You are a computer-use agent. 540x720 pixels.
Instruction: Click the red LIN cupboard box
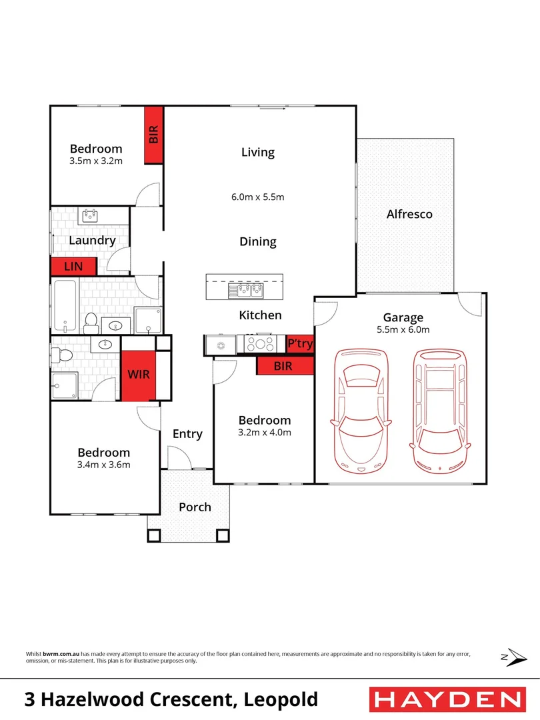pos(73,266)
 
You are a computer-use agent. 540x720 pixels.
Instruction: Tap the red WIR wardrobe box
pos(139,375)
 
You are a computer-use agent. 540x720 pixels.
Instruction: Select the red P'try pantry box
pos(299,343)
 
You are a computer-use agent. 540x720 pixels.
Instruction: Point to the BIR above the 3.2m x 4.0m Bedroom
pos(285,365)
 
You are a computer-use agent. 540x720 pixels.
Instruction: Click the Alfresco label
pos(409,214)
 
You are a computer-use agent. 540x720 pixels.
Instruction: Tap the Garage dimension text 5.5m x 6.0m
pos(403,329)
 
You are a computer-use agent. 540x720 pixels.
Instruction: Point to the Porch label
pos(195,507)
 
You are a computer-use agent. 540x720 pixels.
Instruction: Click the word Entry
pos(187,434)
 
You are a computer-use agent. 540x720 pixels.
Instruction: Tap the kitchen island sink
pos(246,290)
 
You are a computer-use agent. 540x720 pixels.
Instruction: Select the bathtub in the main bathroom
pos(65,305)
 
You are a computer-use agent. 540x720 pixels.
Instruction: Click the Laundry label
pos(92,241)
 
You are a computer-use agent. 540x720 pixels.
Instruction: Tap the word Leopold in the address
pos(281,699)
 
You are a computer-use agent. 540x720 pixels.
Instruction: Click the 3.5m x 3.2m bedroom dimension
pos(97,161)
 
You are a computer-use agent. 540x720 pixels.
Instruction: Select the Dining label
pos(258,242)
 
